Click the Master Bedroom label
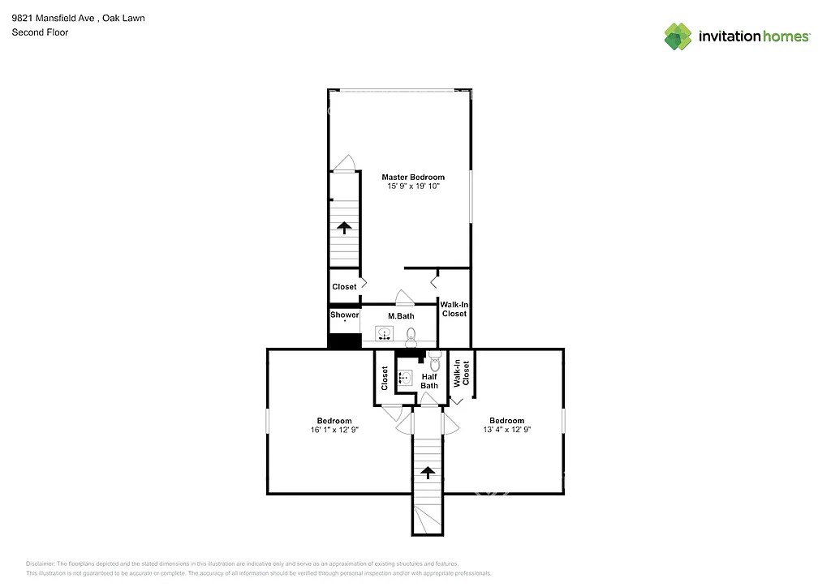point(413,177)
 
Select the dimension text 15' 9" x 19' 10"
point(413,186)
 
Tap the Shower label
point(344,315)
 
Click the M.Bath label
point(401,315)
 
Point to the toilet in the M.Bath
point(411,334)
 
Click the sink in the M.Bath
point(383,332)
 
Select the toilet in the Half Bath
point(435,361)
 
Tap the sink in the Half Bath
point(405,376)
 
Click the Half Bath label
point(429,380)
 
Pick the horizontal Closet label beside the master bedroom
point(344,287)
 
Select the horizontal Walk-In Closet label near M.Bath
point(454,309)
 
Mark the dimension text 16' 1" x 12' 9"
point(334,431)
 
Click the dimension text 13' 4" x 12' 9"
point(506,431)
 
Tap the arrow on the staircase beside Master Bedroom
point(344,228)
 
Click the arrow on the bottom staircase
point(427,473)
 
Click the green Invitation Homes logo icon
point(678,36)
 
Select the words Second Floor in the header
point(40,32)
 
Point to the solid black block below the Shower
point(344,341)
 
